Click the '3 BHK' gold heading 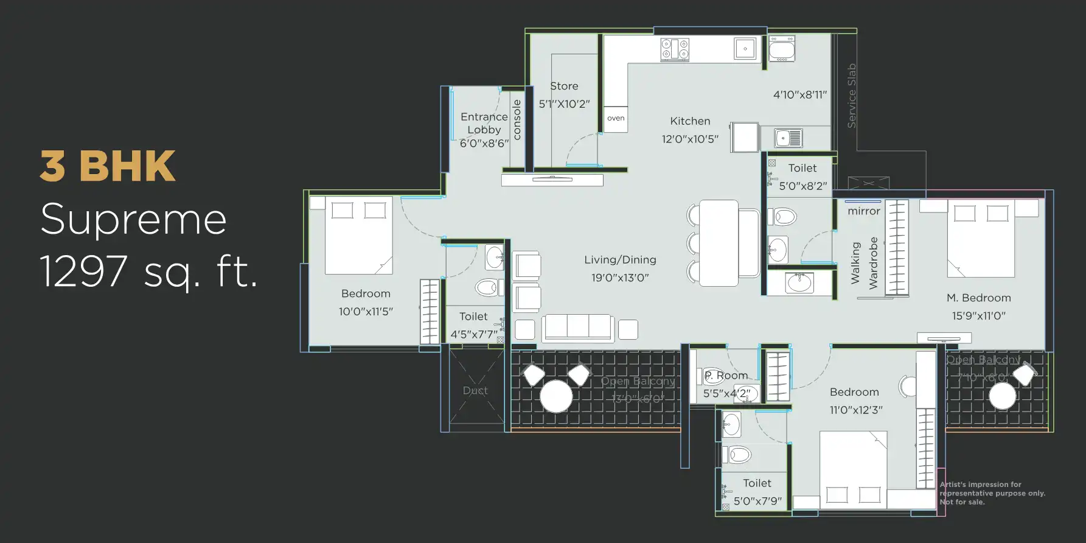(x=108, y=166)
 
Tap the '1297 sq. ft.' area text (x=148, y=271)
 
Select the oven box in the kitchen (x=616, y=119)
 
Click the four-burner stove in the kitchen (x=675, y=49)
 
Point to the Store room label (x=564, y=86)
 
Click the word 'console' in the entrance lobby (x=517, y=120)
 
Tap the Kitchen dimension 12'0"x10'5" (x=690, y=139)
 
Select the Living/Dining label (x=620, y=260)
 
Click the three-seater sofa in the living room (x=577, y=328)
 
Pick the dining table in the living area (x=719, y=243)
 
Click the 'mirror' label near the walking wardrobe (x=863, y=211)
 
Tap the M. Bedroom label (x=978, y=298)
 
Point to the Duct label (x=475, y=391)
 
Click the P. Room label (x=726, y=376)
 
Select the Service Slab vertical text (x=852, y=96)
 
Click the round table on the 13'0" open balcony (x=556, y=396)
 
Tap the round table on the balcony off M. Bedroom (x=1002, y=396)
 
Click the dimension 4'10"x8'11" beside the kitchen (x=799, y=95)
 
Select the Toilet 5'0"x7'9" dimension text (x=757, y=501)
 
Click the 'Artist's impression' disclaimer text (x=992, y=493)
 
